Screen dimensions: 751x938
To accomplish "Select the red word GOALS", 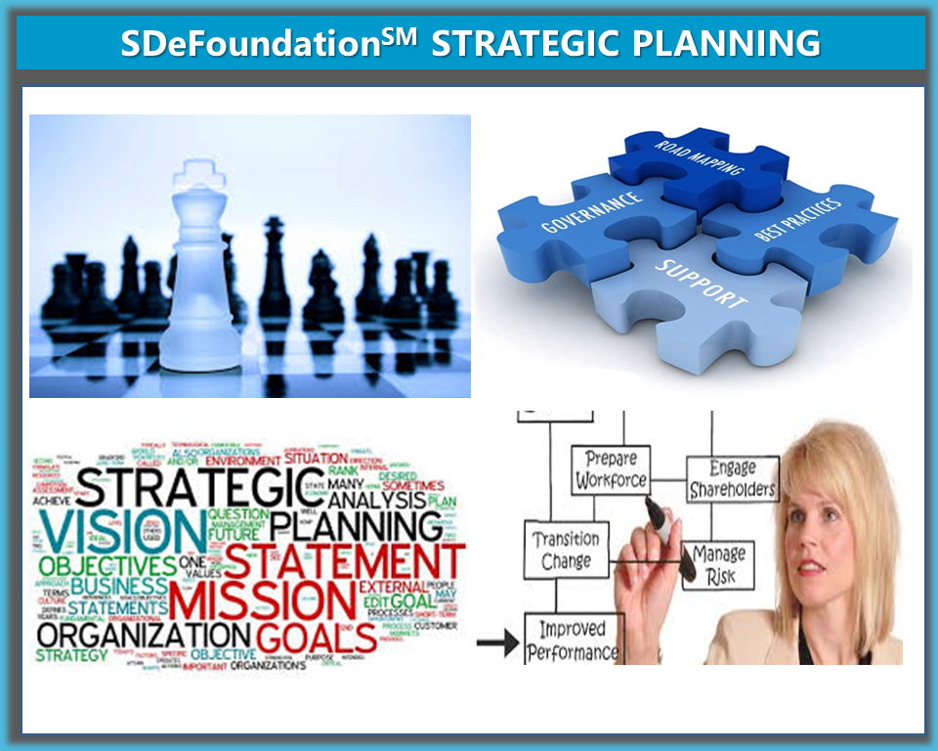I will pyautogui.click(x=318, y=637).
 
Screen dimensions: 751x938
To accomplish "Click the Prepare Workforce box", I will pyautogui.click(x=611, y=469).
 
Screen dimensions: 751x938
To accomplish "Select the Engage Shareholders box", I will pyautogui.click(x=732, y=478).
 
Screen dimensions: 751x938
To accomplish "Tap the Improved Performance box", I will pyautogui.click(x=573, y=641).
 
